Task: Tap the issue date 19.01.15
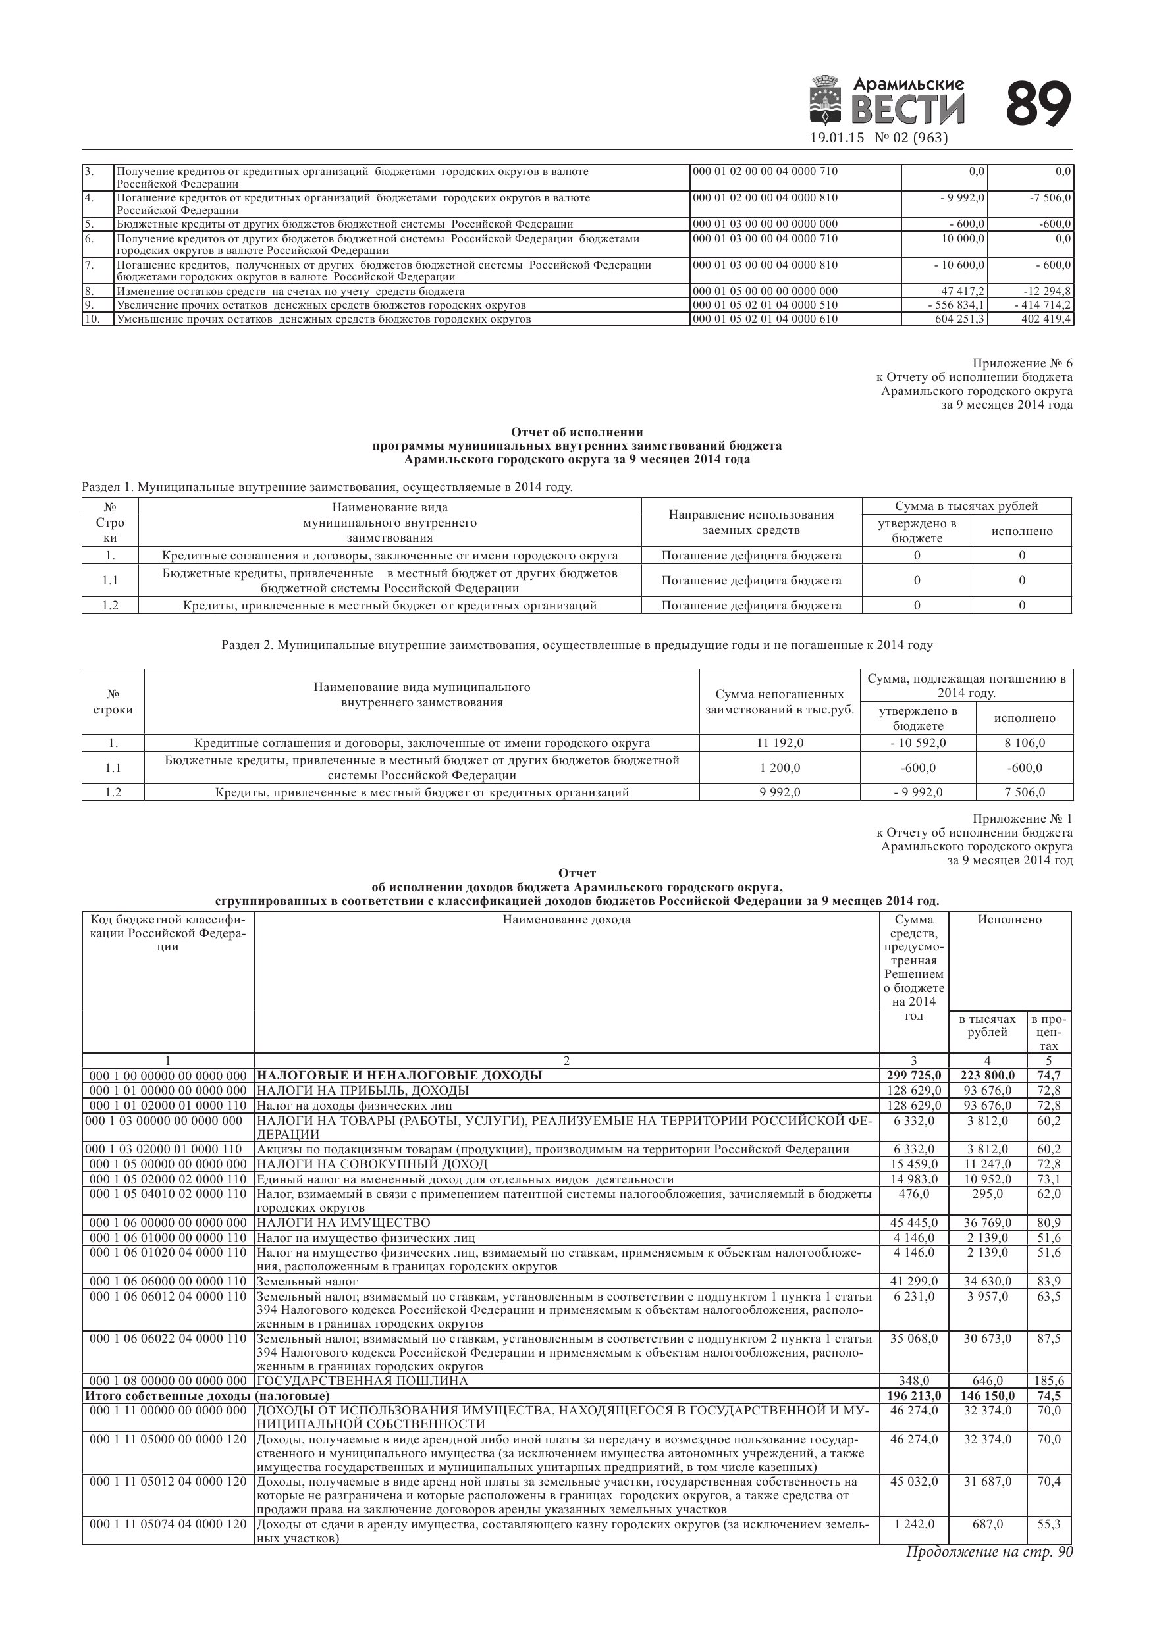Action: (837, 138)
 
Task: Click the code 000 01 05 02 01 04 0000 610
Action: (765, 319)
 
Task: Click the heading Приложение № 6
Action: (1022, 363)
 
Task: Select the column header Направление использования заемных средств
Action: (751, 522)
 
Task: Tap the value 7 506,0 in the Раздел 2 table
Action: (1024, 792)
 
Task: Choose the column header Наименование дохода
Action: (566, 920)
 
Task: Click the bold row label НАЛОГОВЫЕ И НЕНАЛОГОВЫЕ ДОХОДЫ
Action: (399, 1075)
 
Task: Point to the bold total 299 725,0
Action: (914, 1075)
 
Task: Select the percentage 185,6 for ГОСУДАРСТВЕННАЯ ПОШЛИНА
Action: (1048, 1380)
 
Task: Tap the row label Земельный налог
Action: (307, 1281)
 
